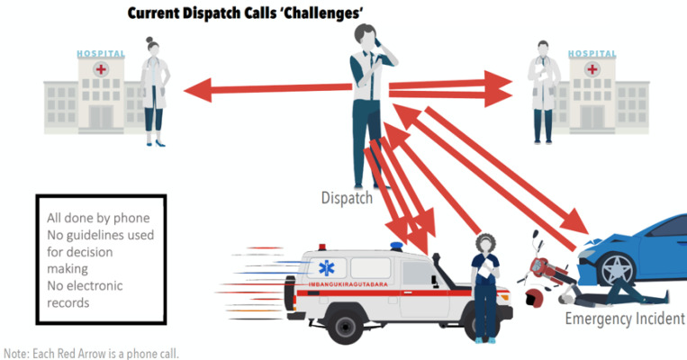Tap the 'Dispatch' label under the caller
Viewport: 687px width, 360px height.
tap(347, 197)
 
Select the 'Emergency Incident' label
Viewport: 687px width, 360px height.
tap(625, 319)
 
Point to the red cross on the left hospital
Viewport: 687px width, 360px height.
tap(102, 71)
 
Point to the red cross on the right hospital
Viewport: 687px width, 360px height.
tap(592, 71)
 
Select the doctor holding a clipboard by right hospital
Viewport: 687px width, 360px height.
tap(543, 90)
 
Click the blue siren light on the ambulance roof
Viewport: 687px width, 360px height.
tap(397, 246)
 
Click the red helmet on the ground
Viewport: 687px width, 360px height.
tap(532, 296)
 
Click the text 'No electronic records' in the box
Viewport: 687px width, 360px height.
tap(85, 294)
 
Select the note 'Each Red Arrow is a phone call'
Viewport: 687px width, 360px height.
tap(91, 353)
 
